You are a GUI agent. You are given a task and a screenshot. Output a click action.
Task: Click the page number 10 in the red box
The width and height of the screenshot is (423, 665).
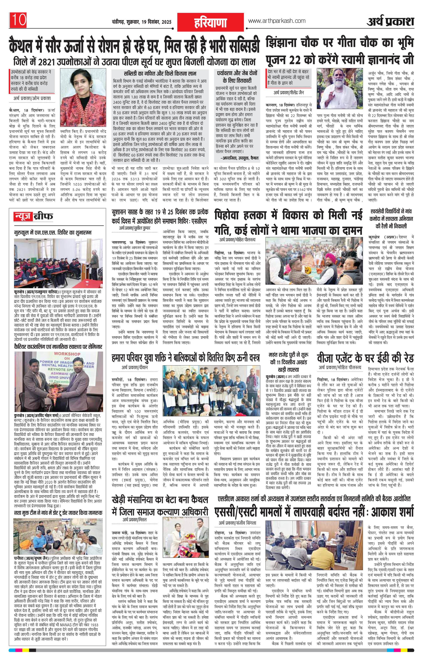click(19, 20)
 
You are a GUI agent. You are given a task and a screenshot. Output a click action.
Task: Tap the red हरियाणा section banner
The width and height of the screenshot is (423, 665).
click(210, 22)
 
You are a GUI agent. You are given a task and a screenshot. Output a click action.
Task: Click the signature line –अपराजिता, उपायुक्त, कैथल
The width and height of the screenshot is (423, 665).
click(240, 158)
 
